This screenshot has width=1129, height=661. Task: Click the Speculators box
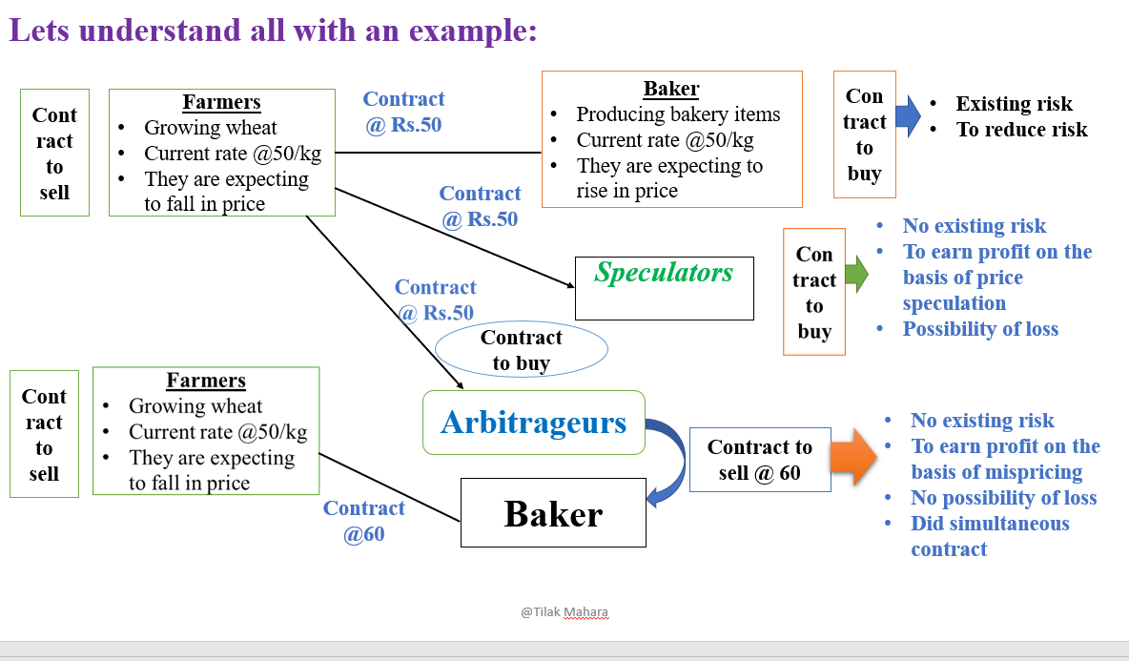(664, 287)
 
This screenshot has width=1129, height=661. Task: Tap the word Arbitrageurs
(533, 422)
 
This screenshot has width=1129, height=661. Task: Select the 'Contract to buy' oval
(521, 350)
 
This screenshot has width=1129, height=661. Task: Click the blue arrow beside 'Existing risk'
(908, 116)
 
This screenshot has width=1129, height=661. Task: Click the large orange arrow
(852, 457)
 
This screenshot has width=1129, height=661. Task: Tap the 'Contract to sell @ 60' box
(759, 460)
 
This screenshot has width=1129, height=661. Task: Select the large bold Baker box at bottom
(553, 513)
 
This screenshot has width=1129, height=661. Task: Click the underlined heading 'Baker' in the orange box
(670, 90)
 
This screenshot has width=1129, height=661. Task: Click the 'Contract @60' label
(363, 521)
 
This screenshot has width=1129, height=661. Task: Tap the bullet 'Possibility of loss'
(979, 329)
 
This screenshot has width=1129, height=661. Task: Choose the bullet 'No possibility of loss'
(1003, 498)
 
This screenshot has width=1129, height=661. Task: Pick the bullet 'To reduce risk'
(1021, 130)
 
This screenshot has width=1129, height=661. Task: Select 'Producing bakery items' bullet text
(678, 114)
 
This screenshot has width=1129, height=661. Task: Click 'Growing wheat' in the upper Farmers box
(210, 128)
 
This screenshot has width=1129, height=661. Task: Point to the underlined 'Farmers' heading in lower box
(206, 381)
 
